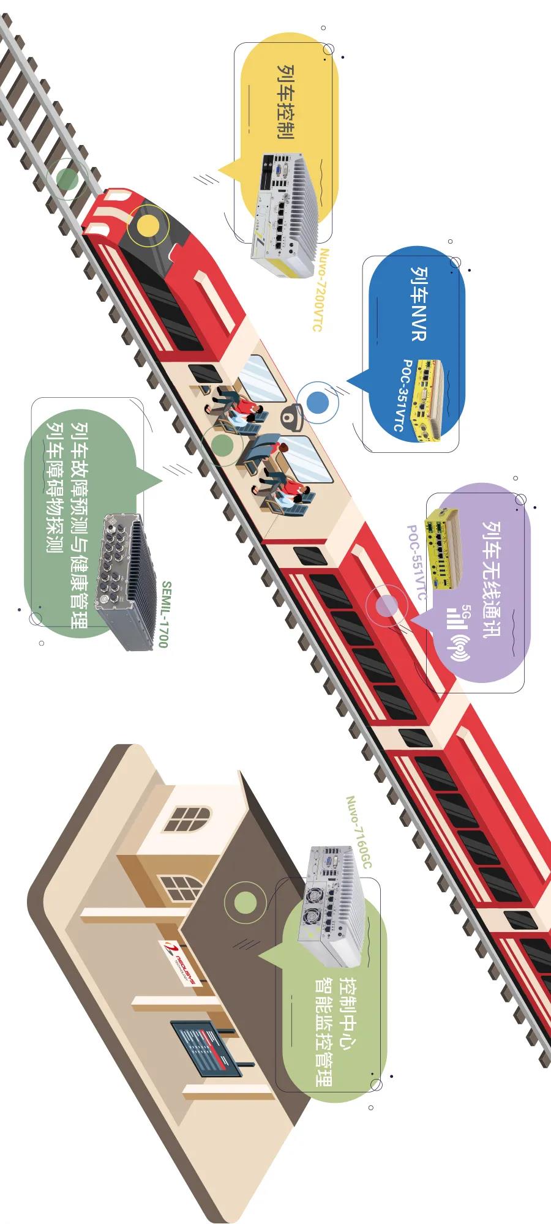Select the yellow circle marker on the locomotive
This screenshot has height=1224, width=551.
pyautogui.click(x=148, y=226)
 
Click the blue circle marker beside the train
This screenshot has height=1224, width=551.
pyautogui.click(x=318, y=403)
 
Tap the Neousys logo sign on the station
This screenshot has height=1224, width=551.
pyautogui.click(x=179, y=960)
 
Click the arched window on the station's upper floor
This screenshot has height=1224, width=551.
pyautogui.click(x=186, y=819)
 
